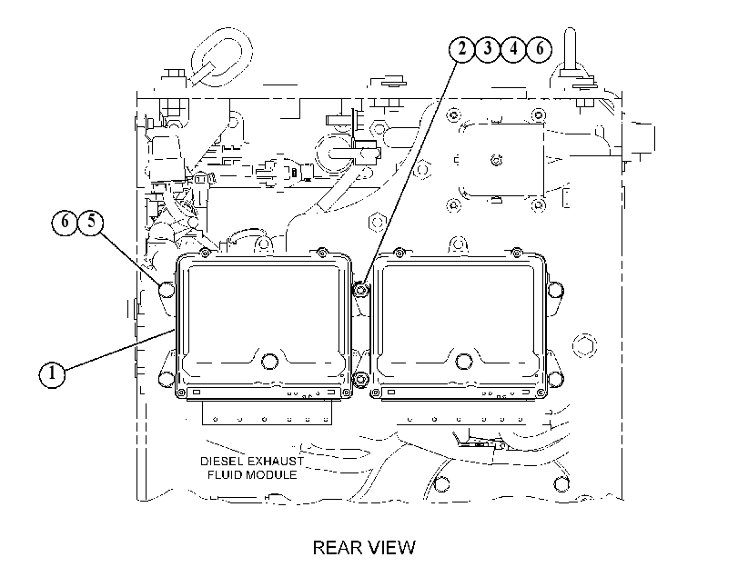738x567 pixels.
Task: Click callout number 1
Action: point(52,374)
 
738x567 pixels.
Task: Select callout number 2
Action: point(461,49)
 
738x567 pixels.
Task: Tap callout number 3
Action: point(488,49)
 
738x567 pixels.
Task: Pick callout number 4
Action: point(513,49)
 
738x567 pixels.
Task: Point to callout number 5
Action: point(91,222)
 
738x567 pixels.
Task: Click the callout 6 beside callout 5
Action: point(65,222)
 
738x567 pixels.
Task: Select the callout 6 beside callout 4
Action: point(540,49)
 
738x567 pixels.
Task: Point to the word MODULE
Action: point(274,475)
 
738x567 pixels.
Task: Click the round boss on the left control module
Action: point(269,361)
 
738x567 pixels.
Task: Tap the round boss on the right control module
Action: point(464,361)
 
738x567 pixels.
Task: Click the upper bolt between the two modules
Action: point(360,290)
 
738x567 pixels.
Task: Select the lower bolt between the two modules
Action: point(360,379)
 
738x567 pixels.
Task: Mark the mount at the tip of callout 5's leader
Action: point(167,290)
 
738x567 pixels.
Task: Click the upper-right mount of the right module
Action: point(555,290)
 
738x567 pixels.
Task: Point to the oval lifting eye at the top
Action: point(222,56)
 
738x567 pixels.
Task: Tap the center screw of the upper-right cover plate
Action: point(496,160)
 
